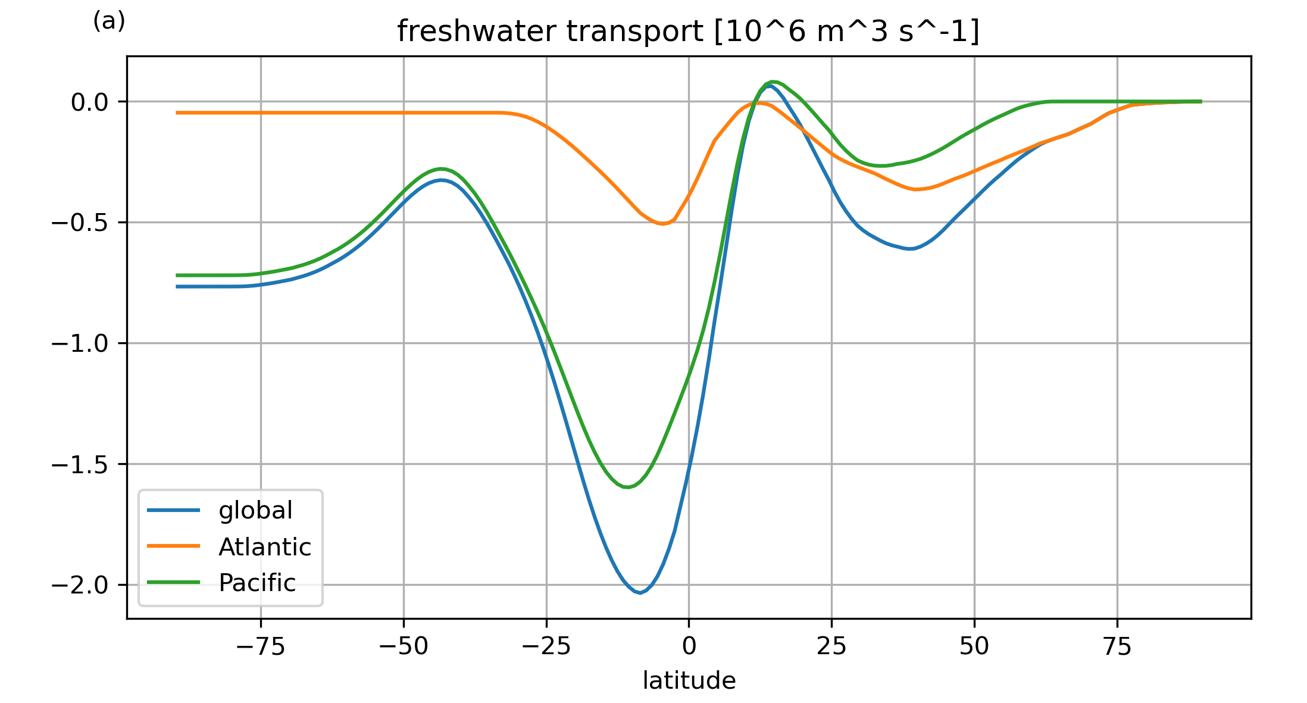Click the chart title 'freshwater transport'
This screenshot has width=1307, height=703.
tap(688, 32)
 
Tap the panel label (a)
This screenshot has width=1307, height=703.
tap(109, 21)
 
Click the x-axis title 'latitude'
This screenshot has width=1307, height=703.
tap(689, 680)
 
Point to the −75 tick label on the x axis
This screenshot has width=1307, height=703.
tap(261, 646)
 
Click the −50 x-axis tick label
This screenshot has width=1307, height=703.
tap(404, 646)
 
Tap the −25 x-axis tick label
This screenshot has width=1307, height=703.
tap(546, 646)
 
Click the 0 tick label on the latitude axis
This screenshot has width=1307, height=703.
tap(689, 646)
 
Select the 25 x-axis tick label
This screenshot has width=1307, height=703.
tap(831, 646)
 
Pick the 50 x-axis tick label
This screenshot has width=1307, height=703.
tap(974, 646)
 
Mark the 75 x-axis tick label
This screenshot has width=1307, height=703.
tap(1117, 646)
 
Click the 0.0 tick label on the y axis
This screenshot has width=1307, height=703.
tap(89, 102)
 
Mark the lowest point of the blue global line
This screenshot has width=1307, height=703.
tap(640, 593)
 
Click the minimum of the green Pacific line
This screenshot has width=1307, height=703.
tap(627, 487)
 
